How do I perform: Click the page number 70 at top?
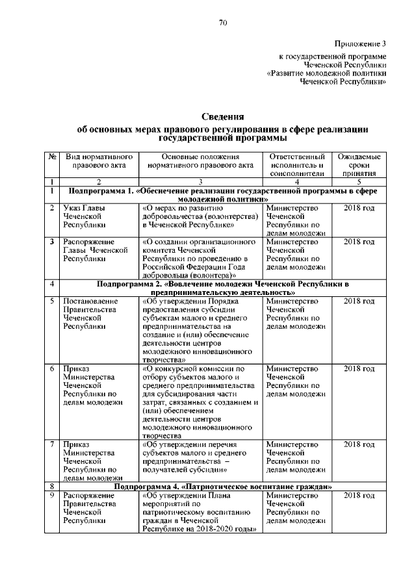pos(222,23)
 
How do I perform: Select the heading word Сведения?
pos(222,117)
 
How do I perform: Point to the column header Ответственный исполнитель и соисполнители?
pos(296,165)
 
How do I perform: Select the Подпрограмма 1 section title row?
pos(222,194)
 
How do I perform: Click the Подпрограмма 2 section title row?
pos(222,288)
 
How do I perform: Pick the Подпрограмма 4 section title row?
pos(222,486)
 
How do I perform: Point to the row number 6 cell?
pos(51,369)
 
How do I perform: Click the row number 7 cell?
pos(51,444)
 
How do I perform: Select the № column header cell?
pos(51,157)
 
